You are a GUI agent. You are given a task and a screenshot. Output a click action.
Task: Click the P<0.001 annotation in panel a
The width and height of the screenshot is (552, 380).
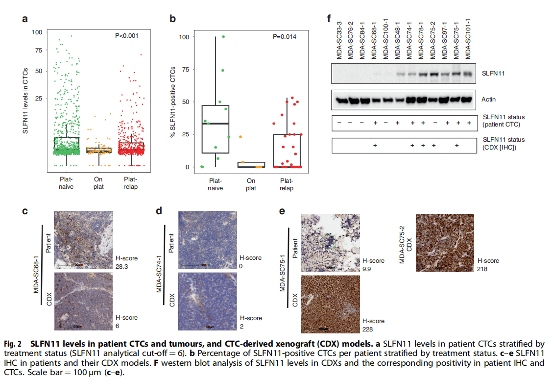pyautogui.click(x=127, y=35)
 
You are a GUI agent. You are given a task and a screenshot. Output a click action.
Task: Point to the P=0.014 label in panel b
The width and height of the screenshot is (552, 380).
pyautogui.click(x=284, y=36)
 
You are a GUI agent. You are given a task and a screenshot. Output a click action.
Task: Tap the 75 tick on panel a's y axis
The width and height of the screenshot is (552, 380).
pyautogui.click(x=38, y=50)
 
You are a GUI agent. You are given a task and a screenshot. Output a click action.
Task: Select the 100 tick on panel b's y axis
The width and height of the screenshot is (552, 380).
pyautogui.click(x=184, y=37)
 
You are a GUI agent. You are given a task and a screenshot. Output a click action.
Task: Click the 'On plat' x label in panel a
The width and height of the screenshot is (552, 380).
pyautogui.click(x=99, y=182)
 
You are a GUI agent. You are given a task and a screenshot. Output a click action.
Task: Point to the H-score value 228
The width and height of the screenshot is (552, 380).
pyautogui.click(x=368, y=329)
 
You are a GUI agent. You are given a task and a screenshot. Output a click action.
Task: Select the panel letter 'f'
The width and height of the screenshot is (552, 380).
pyautogui.click(x=329, y=19)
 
